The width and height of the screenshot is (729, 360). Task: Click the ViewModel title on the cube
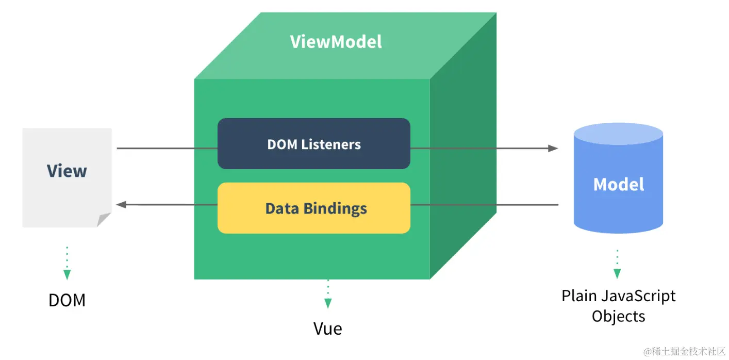336,42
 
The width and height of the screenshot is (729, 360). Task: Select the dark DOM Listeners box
313,143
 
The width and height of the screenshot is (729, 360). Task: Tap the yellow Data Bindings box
313,208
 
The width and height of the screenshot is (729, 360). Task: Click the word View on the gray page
67,171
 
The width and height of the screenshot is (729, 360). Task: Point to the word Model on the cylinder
619,184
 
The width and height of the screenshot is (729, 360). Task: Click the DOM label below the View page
67,300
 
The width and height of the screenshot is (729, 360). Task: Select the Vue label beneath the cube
328,329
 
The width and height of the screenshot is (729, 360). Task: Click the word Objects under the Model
618,316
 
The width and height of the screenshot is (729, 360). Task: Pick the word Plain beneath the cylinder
576,296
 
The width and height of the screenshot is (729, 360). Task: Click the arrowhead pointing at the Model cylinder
553,149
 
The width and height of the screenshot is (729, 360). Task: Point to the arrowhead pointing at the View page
122,205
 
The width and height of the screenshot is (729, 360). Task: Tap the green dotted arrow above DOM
67,264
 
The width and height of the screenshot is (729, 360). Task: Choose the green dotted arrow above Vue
328,294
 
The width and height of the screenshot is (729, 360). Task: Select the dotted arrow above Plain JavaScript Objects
617,265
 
